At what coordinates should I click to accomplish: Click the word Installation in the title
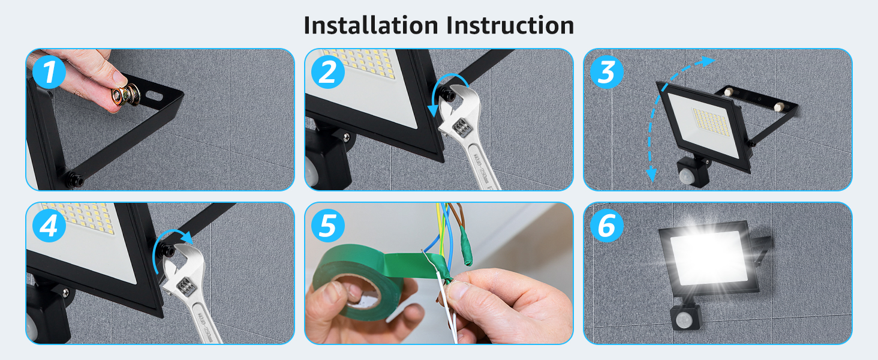pos(371,25)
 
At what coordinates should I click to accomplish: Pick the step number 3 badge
pos(606,73)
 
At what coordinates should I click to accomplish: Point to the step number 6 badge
pos(606,226)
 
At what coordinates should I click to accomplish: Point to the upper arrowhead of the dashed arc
pos(709,61)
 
